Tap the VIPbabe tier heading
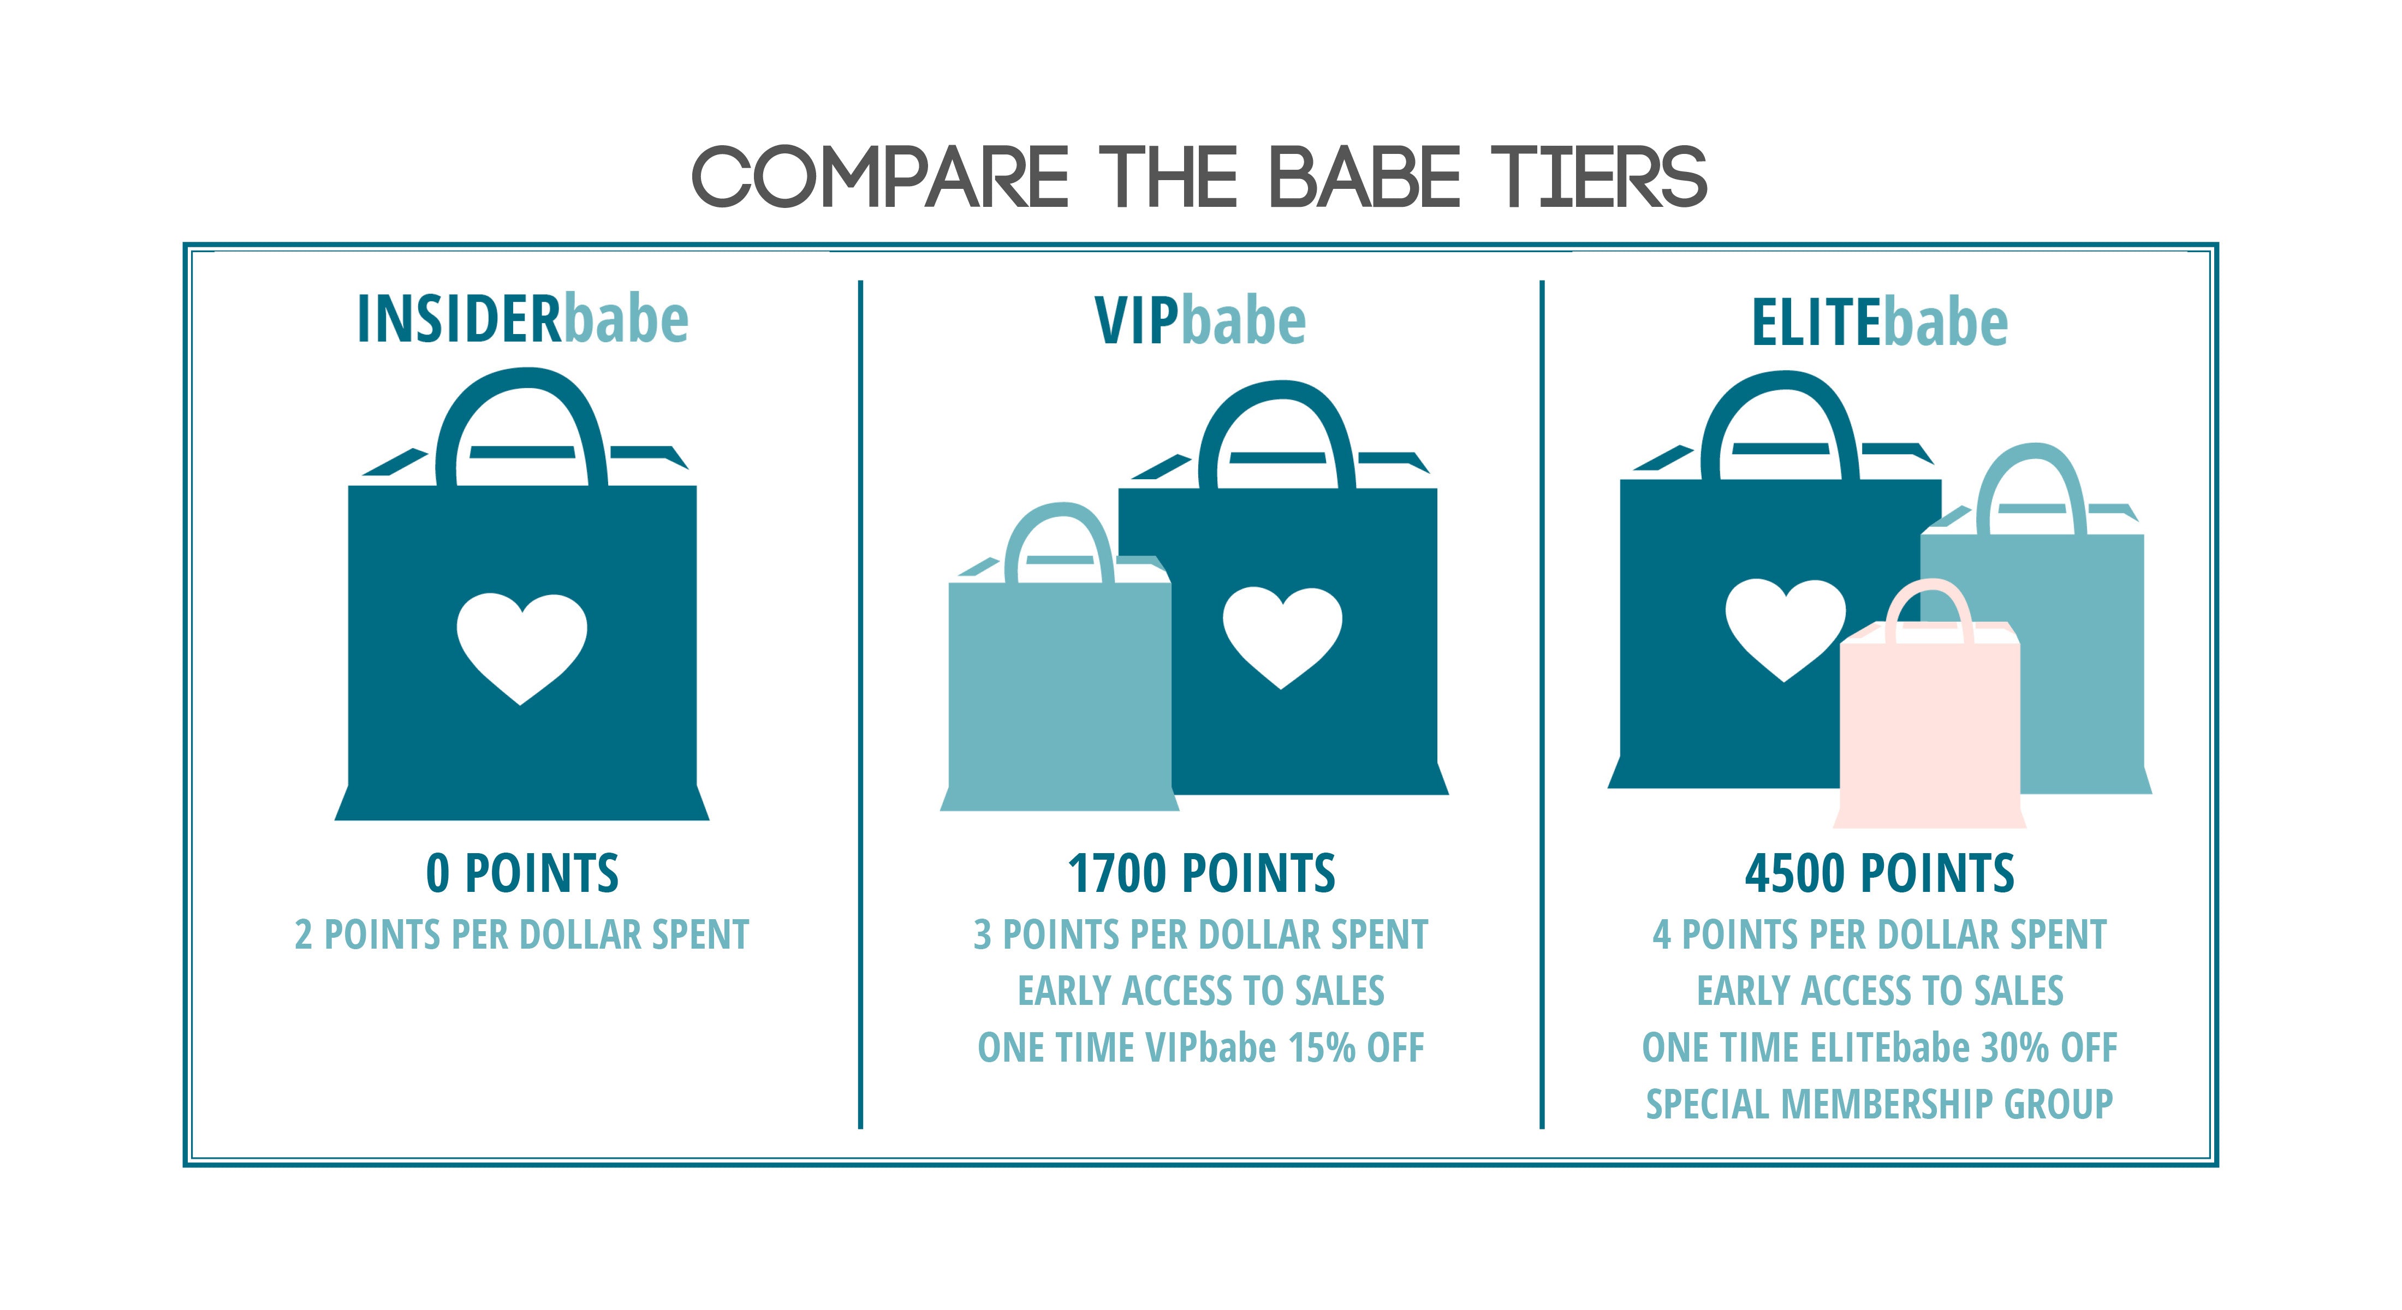click(1200, 321)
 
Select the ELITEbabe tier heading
click(1879, 323)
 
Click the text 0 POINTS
click(522, 874)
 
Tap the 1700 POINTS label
click(1201, 874)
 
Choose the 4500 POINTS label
click(1879, 874)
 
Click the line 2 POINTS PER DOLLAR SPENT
click(522, 934)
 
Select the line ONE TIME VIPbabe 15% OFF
click(1201, 1048)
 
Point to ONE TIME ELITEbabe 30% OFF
click(1879, 1048)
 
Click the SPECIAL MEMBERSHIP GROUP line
click(1879, 1105)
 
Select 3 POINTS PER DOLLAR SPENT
click(1201, 934)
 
